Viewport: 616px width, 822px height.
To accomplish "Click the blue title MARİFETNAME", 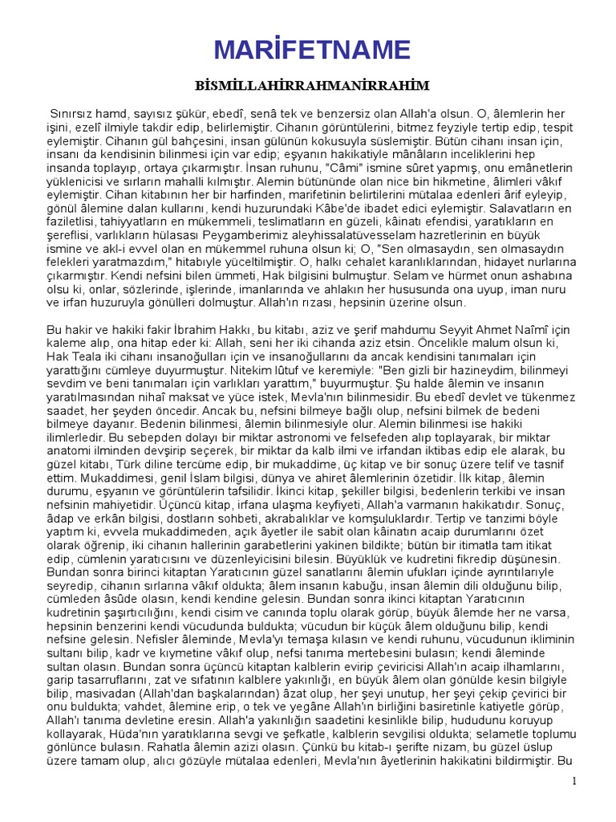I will [312, 50].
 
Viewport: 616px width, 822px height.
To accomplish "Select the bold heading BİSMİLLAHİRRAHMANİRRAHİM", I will [313, 85].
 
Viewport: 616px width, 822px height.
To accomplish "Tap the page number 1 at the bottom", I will [574, 781].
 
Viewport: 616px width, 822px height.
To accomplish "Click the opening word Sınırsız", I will [71, 114].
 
